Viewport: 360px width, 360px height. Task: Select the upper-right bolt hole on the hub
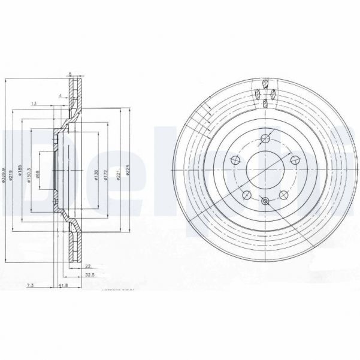(x=295, y=159)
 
